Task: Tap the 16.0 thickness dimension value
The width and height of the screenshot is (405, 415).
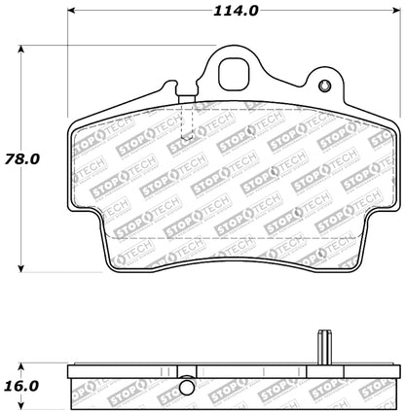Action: (23, 384)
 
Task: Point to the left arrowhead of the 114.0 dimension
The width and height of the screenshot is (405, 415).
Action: (72, 13)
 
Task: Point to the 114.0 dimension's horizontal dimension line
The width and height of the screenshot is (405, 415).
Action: (146, 13)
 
